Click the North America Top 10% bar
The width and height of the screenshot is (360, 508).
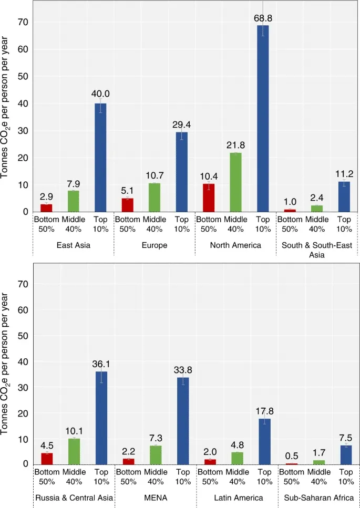pyautogui.click(x=263, y=118)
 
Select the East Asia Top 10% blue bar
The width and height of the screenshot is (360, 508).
pyautogui.click(x=100, y=158)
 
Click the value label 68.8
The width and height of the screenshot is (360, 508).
pyautogui.click(x=263, y=18)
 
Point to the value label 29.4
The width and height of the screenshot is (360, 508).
pyautogui.click(x=181, y=125)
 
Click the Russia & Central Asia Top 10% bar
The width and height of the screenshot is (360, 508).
pyautogui.click(x=101, y=418)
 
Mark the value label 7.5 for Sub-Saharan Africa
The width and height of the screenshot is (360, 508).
pyautogui.click(x=346, y=438)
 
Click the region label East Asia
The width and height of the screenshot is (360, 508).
pyautogui.click(x=73, y=245)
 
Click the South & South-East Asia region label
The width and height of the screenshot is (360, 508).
pyautogui.click(x=317, y=250)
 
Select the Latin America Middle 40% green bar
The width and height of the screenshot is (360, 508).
pyautogui.click(x=237, y=458)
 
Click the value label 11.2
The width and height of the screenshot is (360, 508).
pyautogui.click(x=344, y=174)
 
